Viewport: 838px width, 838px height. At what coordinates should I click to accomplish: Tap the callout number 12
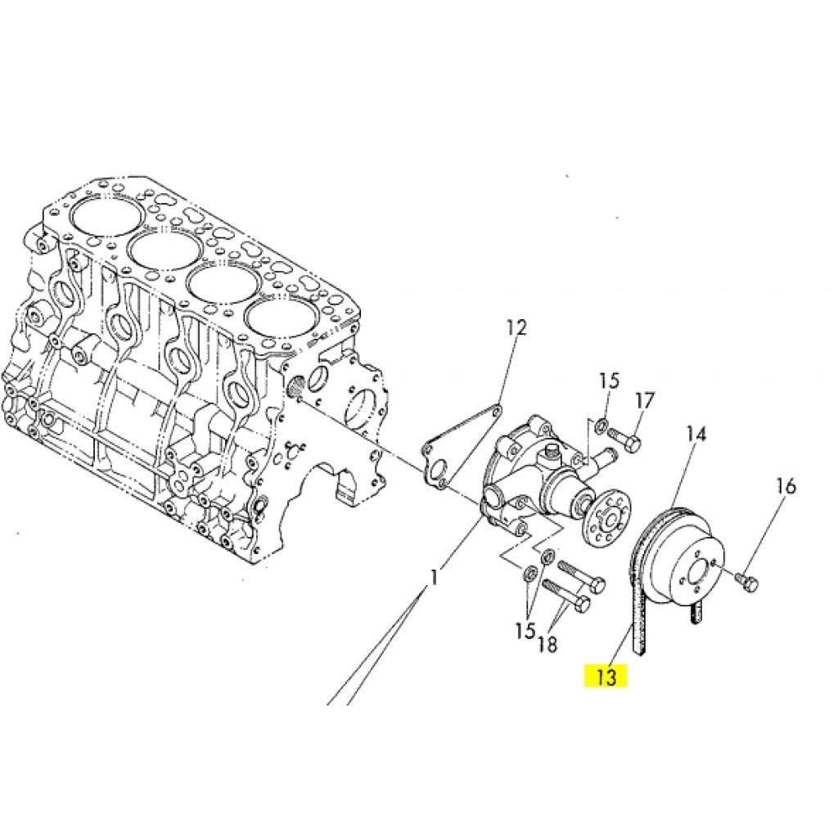click(x=516, y=327)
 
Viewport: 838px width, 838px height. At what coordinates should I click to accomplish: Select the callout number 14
click(x=696, y=434)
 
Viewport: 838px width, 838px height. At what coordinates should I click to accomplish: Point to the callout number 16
click(x=786, y=486)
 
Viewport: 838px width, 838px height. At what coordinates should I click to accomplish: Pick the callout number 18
click(x=547, y=645)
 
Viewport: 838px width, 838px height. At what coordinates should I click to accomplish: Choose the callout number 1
click(x=435, y=577)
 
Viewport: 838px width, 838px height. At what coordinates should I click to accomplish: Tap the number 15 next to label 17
click(x=609, y=381)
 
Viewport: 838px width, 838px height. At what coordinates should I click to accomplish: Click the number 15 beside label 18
click(x=525, y=631)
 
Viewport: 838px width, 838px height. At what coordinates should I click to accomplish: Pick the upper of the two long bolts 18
click(x=581, y=575)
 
